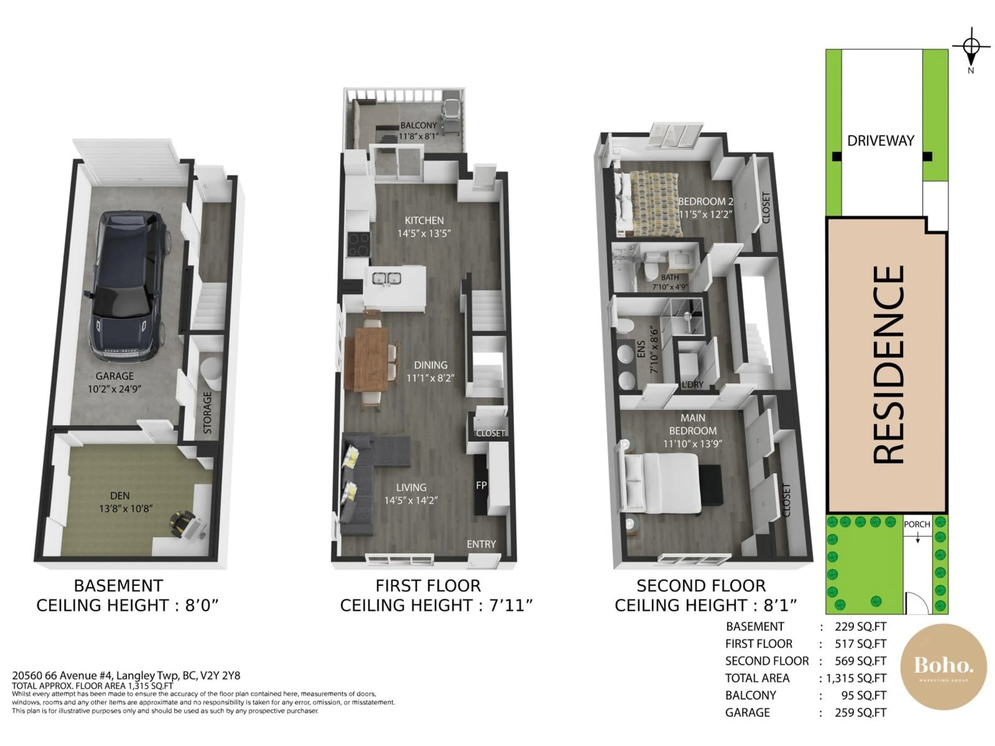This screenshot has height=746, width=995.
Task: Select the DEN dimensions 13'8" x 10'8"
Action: click(x=126, y=508)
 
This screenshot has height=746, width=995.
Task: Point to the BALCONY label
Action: click(x=418, y=125)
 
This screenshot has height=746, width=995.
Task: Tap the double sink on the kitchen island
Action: click(x=387, y=279)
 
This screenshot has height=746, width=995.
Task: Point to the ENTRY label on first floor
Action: click(x=481, y=544)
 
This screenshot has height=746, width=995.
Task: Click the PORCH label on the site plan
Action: click(x=917, y=524)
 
